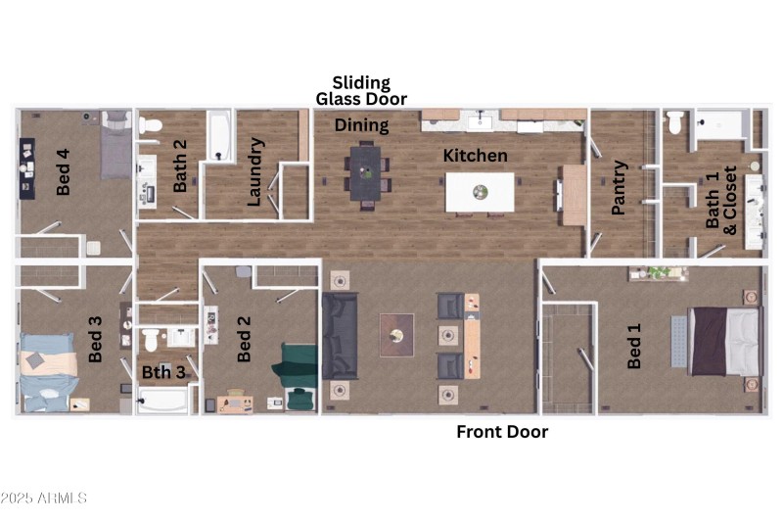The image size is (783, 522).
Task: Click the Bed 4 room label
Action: click(x=64, y=171)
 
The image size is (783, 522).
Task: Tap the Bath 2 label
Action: click(x=180, y=166)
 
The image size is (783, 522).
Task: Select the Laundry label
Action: click(x=255, y=171)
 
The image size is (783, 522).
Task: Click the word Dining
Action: click(x=361, y=125)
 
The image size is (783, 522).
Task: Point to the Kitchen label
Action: click(x=476, y=156)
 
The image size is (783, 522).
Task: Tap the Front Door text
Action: click(x=502, y=432)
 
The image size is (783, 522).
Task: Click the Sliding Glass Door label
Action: click(x=360, y=91)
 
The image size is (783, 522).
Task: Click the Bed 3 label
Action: click(x=96, y=339)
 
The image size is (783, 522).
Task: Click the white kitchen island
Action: click(x=480, y=192)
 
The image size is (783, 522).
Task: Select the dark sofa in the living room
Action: click(x=340, y=335)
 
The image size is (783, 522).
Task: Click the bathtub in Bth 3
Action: click(x=164, y=402)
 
